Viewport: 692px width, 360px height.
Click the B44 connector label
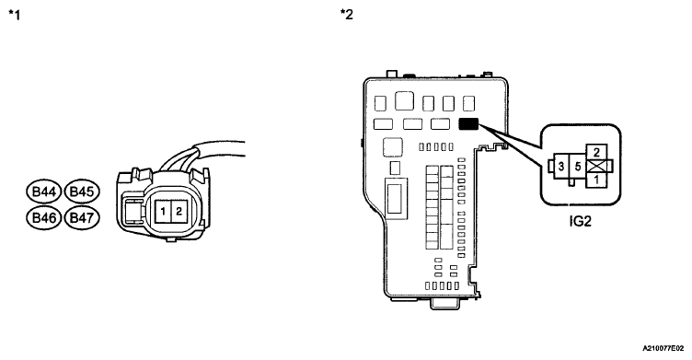click(44, 192)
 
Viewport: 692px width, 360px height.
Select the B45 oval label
click(82, 192)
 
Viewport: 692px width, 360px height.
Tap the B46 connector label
click(44, 218)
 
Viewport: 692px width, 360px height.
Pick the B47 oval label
click(82, 218)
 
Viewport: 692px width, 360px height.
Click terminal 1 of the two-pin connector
click(162, 212)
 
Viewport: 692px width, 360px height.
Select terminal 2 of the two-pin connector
click(179, 212)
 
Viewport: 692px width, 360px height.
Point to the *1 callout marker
click(14, 15)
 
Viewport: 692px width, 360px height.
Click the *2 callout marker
click(346, 14)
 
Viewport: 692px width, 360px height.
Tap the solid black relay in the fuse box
click(468, 123)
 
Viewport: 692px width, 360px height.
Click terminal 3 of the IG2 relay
click(561, 167)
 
